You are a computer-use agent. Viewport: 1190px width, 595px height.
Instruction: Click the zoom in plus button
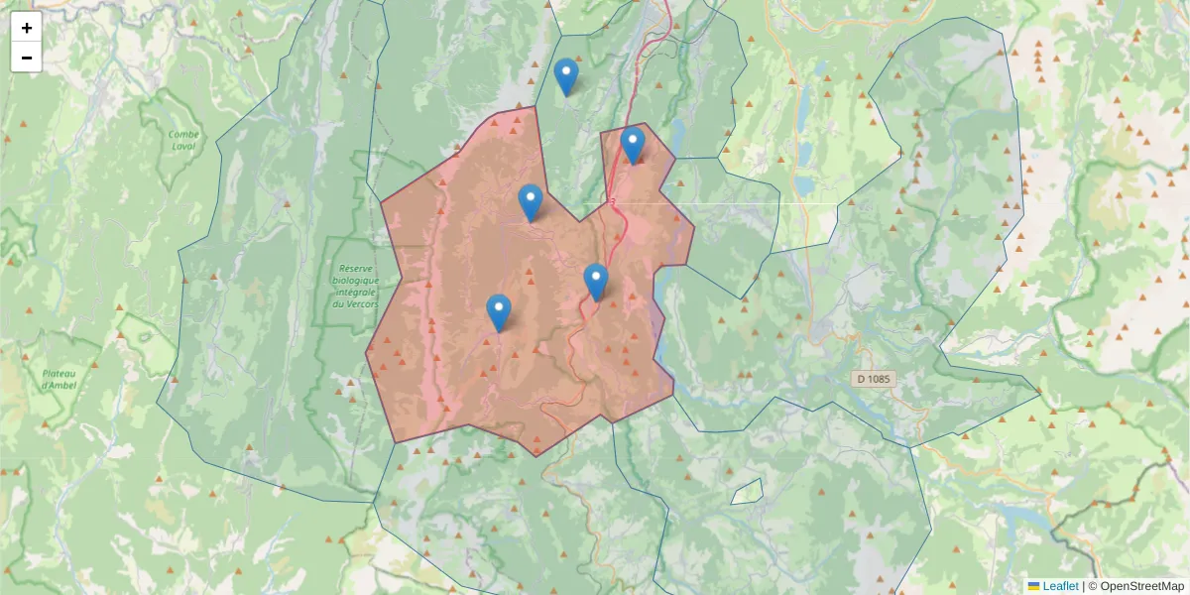pos(27,28)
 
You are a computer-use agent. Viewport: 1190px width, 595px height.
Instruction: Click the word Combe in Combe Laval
pos(183,135)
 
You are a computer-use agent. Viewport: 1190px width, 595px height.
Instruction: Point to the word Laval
pos(183,147)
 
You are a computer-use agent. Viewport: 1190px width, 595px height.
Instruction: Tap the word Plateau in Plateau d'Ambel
pos(59,374)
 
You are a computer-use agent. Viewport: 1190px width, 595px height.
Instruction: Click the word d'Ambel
pos(59,385)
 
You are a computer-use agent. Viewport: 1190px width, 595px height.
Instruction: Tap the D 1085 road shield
pos(874,379)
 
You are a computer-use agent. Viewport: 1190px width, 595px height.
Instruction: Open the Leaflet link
pos(1060,586)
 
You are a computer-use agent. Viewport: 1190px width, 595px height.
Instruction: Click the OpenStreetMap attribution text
pos(1141,586)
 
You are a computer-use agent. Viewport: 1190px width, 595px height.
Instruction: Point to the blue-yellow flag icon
pos(1033,586)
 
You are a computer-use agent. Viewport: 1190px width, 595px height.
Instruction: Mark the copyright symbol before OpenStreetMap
pos(1093,586)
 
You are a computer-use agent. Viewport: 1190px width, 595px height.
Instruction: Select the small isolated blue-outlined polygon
pos(749,491)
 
